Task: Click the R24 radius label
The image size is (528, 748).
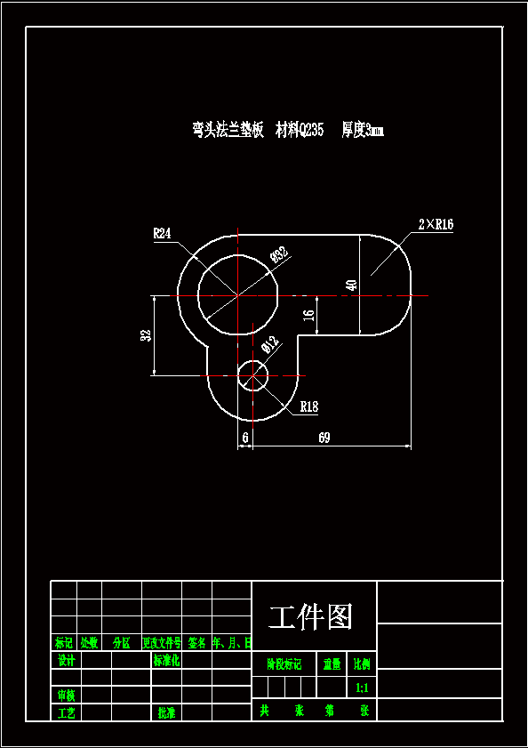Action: coord(162,234)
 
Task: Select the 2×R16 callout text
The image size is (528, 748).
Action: coord(435,225)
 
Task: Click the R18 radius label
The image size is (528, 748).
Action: coord(308,406)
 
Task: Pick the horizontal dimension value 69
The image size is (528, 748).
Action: coord(324,438)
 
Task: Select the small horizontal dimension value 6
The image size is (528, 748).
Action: coord(245,438)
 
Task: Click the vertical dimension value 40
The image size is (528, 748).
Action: coord(351,286)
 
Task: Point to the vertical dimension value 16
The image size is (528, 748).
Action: coord(308,315)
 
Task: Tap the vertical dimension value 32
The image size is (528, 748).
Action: coord(146,335)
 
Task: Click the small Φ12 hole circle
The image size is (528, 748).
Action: coord(253,375)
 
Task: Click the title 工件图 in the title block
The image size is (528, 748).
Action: coord(311,616)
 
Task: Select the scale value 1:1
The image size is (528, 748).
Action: coord(363,688)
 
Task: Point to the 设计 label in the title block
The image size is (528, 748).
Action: coord(66,661)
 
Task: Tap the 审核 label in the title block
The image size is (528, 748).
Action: coord(66,695)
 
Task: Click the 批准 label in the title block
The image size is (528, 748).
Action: coord(166,712)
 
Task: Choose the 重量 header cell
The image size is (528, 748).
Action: coord(332,664)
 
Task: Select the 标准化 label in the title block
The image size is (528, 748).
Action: coord(166,661)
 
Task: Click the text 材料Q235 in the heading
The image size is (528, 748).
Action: coord(300,131)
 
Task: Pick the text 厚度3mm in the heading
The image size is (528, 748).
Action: coord(362,131)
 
